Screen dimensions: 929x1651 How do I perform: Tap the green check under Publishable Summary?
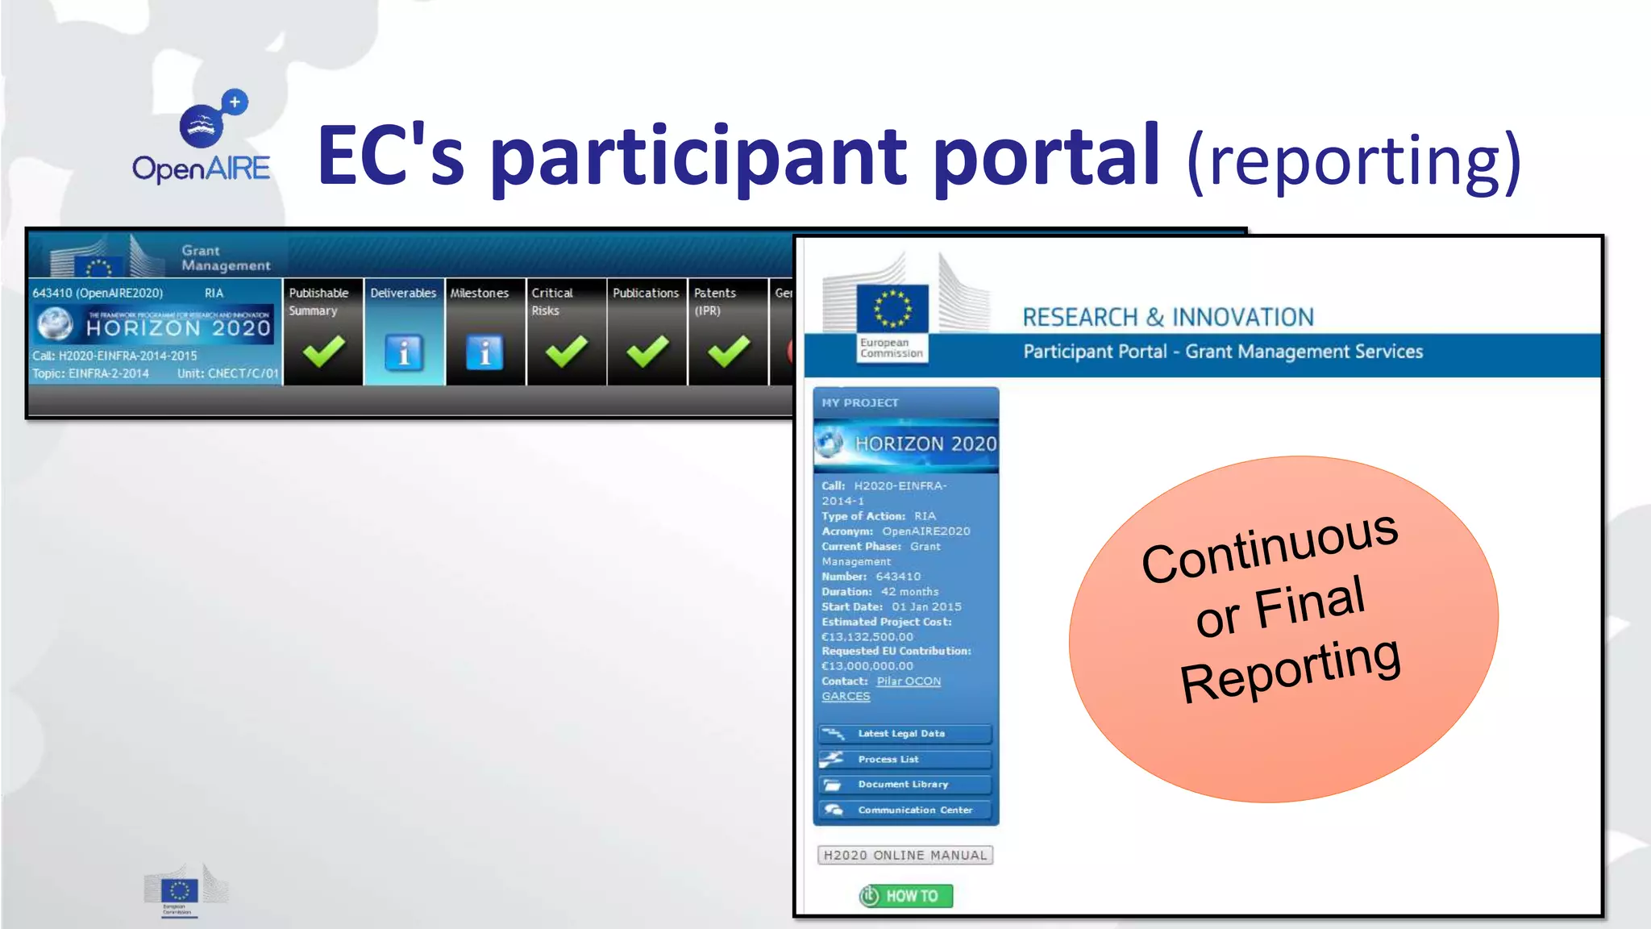[x=323, y=352]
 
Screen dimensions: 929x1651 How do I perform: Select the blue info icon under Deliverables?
[x=404, y=352]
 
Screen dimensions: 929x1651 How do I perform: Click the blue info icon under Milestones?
[x=484, y=352]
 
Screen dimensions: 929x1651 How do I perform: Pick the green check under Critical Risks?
[x=566, y=352]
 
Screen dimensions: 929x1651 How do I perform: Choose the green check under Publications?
[x=647, y=352]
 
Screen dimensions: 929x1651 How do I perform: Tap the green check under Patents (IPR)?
[x=728, y=352]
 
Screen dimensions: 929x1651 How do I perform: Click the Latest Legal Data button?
[x=905, y=734]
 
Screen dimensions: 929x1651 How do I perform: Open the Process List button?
[x=905, y=760]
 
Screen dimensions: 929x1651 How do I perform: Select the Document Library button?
[x=905, y=785]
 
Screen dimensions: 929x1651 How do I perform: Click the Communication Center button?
[x=905, y=810]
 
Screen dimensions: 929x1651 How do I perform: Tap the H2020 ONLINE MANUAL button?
[x=905, y=856]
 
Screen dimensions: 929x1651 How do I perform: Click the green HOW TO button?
[x=905, y=896]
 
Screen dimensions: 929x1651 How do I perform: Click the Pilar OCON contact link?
[x=909, y=681]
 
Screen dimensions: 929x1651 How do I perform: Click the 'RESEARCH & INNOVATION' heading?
[x=1168, y=318]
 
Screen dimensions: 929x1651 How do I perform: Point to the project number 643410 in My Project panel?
[x=898, y=577]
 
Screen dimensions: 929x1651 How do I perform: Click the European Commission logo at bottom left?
[x=180, y=892]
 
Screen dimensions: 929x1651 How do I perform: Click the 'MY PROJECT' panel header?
[x=860, y=402]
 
